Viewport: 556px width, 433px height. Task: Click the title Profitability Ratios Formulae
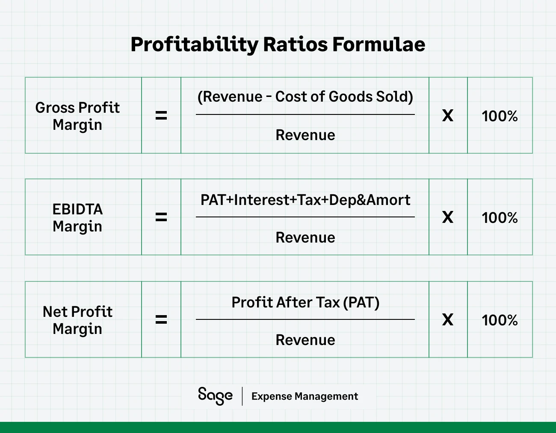coord(278,44)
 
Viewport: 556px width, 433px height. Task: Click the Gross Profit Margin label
coord(77,116)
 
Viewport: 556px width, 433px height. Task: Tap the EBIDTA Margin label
coord(77,217)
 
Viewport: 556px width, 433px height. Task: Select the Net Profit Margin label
coord(77,320)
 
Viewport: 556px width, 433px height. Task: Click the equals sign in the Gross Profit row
coord(161,115)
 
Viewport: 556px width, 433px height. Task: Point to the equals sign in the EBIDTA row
coord(161,217)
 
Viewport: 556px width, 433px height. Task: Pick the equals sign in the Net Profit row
coord(161,319)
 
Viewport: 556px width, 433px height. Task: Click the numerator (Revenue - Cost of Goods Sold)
coord(305,97)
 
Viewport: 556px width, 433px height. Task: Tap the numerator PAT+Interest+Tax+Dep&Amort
coord(305,200)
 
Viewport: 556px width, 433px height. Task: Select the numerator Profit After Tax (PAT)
coord(305,302)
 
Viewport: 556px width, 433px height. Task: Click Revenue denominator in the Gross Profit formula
coord(305,135)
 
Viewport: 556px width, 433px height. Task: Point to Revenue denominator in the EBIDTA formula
coord(305,237)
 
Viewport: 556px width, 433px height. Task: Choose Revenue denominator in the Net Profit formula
coord(305,340)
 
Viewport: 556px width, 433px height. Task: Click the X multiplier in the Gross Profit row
coord(448,116)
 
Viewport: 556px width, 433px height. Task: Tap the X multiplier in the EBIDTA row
coord(448,217)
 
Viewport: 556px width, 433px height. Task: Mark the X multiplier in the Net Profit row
coord(448,320)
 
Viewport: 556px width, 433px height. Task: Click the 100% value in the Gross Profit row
coord(500,116)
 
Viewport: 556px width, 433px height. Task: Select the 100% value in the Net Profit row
coord(500,320)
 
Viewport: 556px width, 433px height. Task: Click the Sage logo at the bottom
coord(215,395)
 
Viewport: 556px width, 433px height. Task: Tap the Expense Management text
coord(305,396)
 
